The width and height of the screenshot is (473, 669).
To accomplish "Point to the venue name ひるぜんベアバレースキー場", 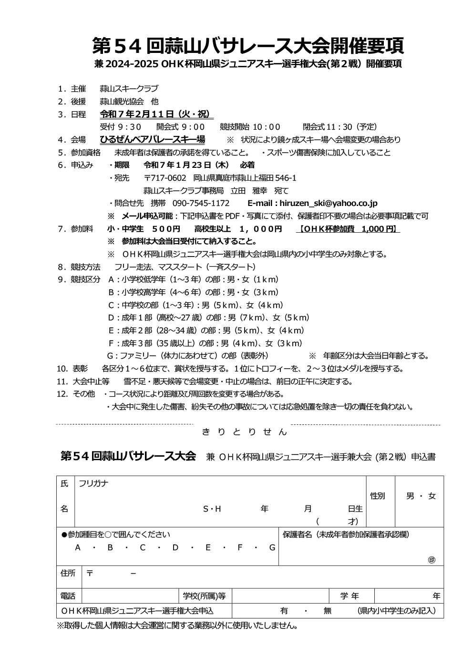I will (x=152, y=139).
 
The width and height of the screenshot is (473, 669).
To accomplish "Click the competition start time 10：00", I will (x=266, y=127).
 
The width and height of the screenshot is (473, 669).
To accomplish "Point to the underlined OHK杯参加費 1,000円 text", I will (x=348, y=229).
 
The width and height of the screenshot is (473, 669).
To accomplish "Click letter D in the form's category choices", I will (x=175, y=547).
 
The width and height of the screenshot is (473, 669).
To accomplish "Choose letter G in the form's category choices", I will (x=272, y=547).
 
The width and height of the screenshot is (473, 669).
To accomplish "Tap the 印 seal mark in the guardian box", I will (x=432, y=560).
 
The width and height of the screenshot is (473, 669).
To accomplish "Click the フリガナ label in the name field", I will (x=93, y=484).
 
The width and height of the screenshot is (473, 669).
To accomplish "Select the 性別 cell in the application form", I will (x=377, y=496).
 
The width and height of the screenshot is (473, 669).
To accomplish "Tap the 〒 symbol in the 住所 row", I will (x=89, y=573).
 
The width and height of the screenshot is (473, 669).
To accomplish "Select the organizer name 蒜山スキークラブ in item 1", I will (x=129, y=89).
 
